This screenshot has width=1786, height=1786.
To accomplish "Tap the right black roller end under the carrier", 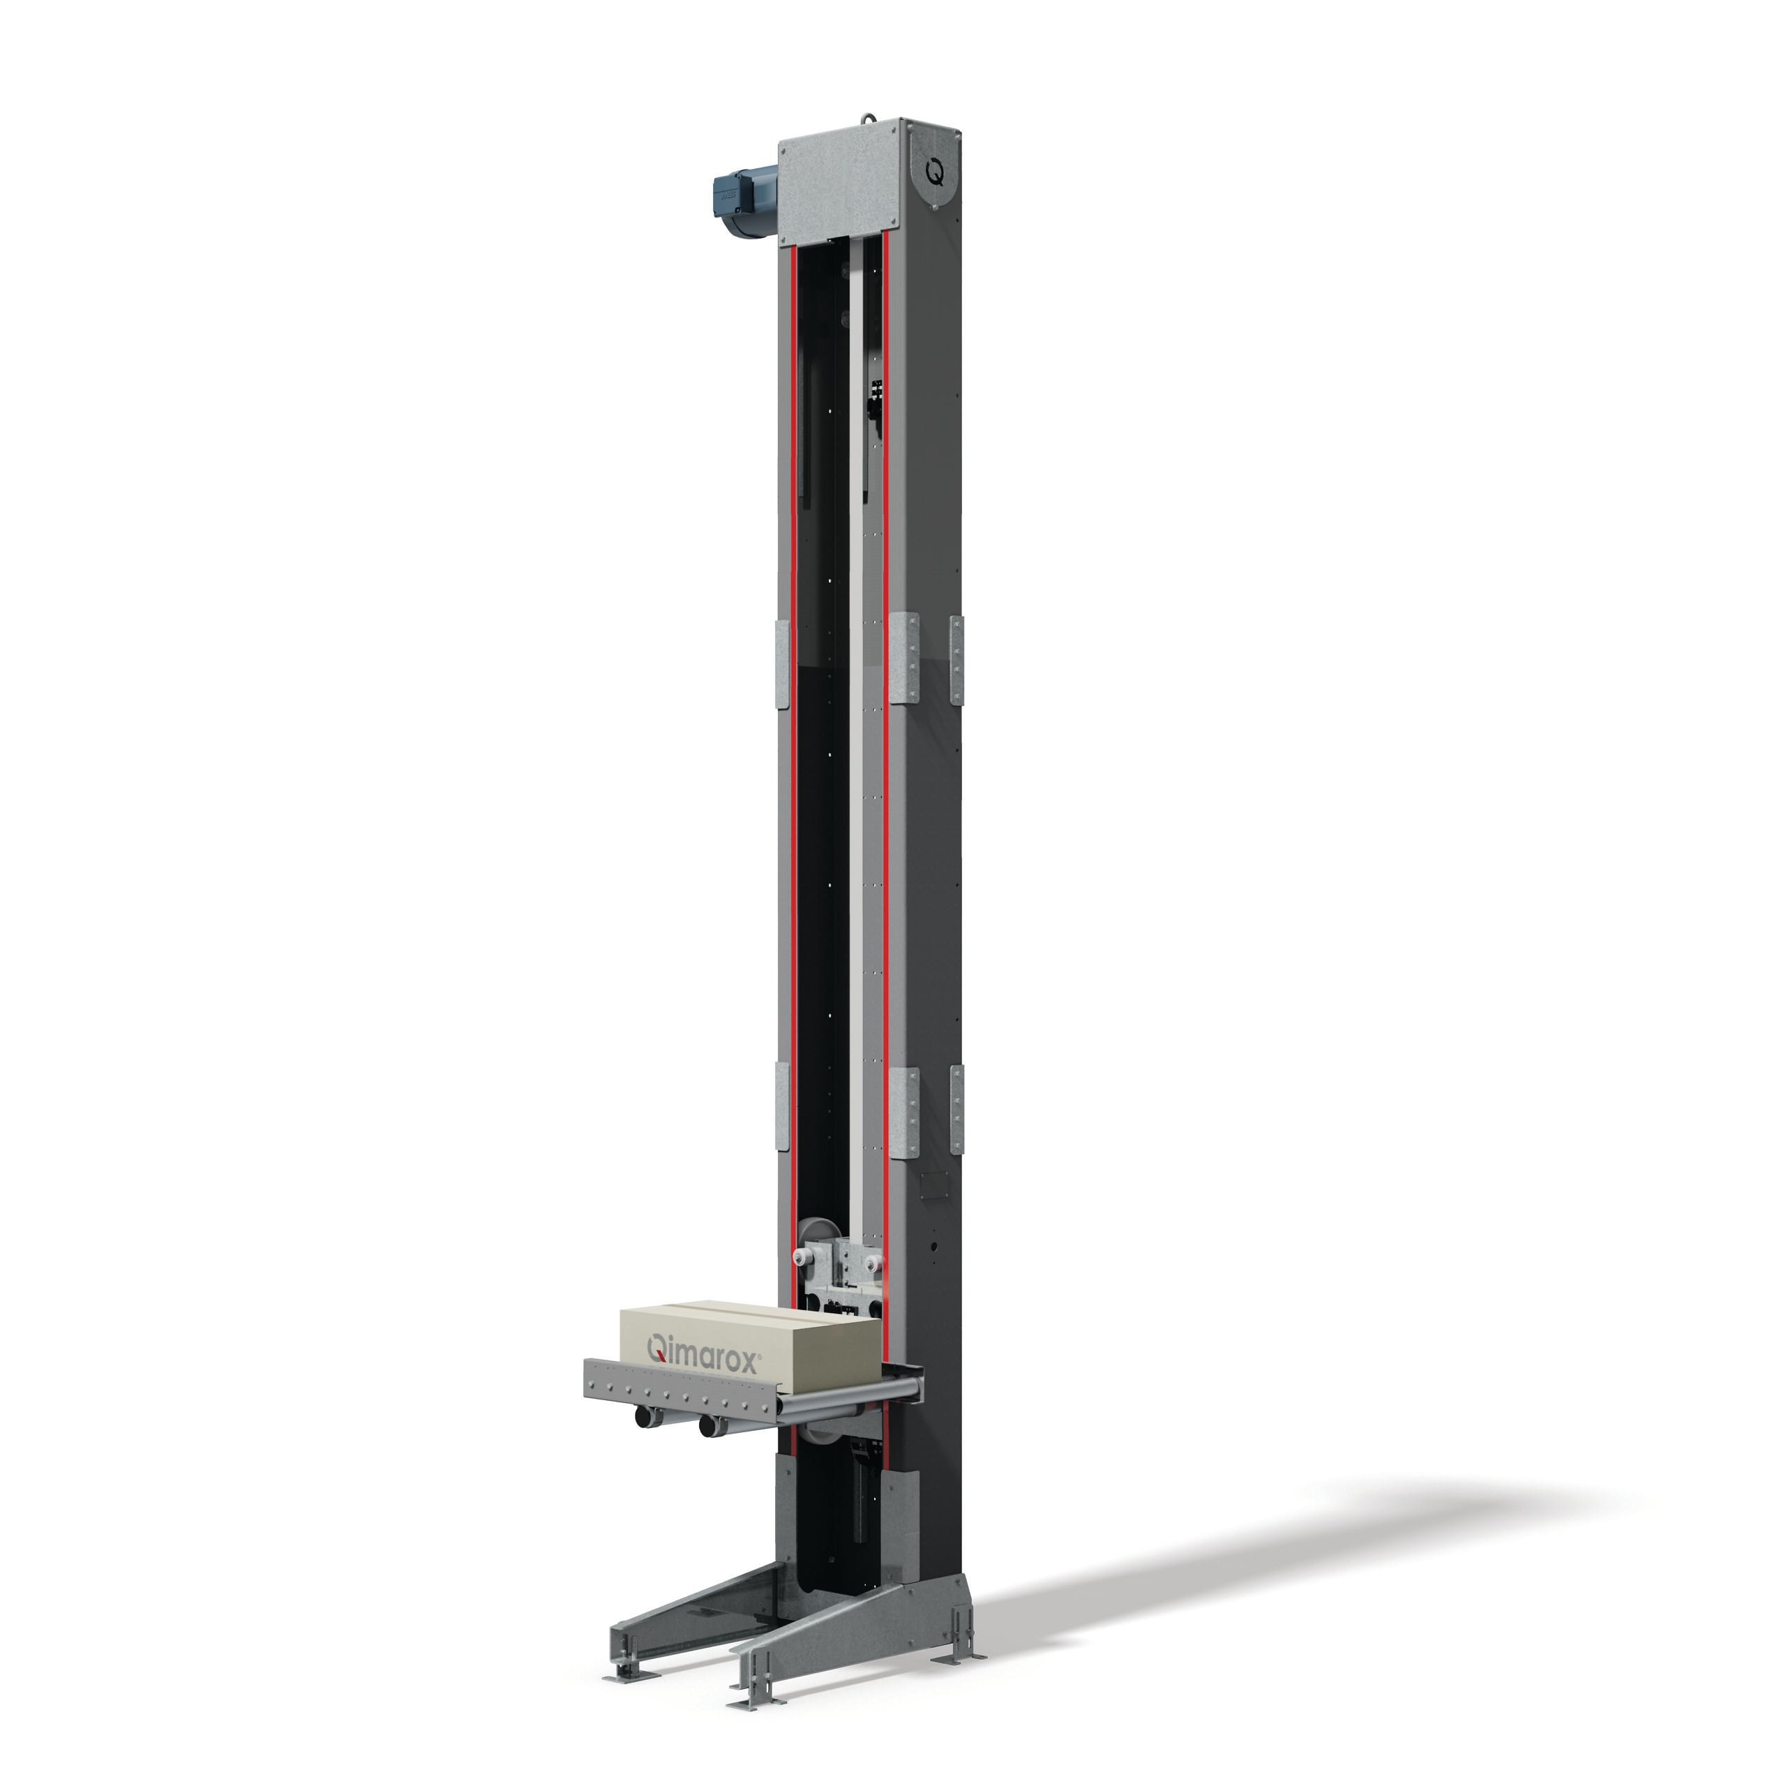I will pyautogui.click(x=709, y=1427).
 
